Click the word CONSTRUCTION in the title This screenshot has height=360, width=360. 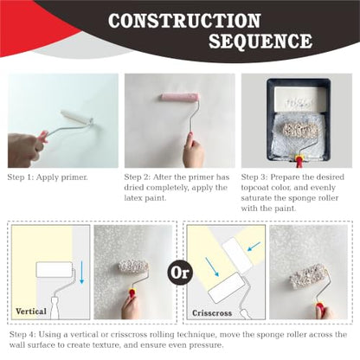tap(184, 21)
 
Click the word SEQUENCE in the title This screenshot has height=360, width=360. tap(260, 42)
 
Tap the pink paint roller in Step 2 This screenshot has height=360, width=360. tap(180, 97)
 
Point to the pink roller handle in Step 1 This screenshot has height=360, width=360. tap(43, 137)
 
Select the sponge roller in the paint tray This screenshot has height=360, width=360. tap(300, 131)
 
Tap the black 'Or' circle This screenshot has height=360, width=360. tap(180, 273)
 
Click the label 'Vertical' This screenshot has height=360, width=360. tap(31, 312)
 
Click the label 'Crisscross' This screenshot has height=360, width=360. tap(212, 313)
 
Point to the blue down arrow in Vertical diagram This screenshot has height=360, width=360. tap(81, 273)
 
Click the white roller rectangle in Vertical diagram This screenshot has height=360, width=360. tap(55, 269)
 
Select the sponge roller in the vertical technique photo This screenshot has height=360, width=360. tap(133, 267)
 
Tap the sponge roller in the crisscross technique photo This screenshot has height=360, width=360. tap(309, 277)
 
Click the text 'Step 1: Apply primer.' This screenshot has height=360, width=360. tap(48, 177)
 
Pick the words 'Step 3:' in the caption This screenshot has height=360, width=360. tap(254, 177)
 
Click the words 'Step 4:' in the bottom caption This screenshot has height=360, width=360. tap(22, 335)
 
